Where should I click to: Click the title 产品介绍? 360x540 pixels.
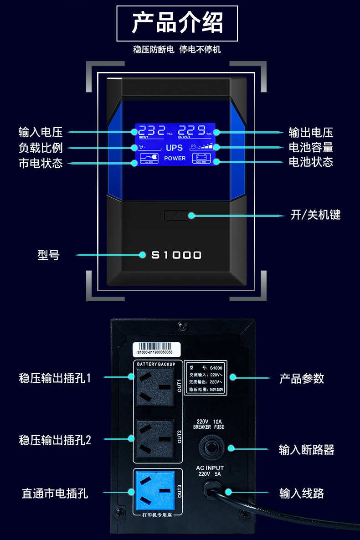coord(177,23)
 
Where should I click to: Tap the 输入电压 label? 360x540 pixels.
coord(41,132)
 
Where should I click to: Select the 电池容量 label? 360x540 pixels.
coord(311,147)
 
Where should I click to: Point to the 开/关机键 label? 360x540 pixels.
coord(315,215)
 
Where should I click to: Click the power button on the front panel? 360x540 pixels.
coord(176,215)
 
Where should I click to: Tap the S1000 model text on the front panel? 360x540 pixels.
coord(176,255)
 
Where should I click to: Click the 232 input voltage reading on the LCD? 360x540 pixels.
coord(152,130)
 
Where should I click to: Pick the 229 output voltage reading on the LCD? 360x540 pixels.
coord(191,130)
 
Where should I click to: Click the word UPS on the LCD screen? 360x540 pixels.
coord(174,148)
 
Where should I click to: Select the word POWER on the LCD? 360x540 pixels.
coord(175,158)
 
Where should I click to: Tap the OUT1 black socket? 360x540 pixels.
coord(154,387)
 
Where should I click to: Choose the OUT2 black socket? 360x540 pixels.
coord(154,440)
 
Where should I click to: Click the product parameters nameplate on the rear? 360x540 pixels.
coord(205,378)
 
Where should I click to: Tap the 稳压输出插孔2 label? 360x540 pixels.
coord(55,440)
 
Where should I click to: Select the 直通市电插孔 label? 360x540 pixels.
coord(55,493)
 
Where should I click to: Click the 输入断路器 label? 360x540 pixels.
coord(306,450)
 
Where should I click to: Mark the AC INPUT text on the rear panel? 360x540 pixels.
coord(210,468)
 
